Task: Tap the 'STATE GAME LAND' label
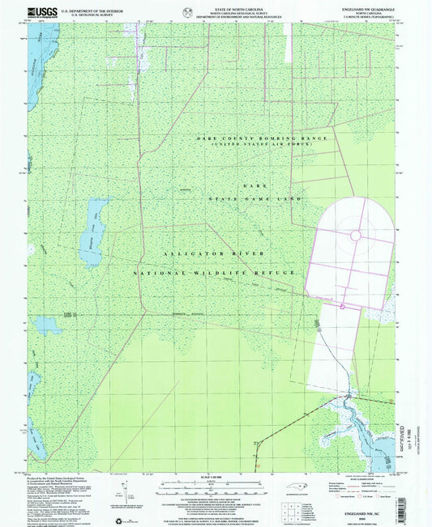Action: pos(255,198)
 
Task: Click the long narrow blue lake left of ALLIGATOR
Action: pos(90,232)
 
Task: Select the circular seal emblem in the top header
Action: pos(188,11)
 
